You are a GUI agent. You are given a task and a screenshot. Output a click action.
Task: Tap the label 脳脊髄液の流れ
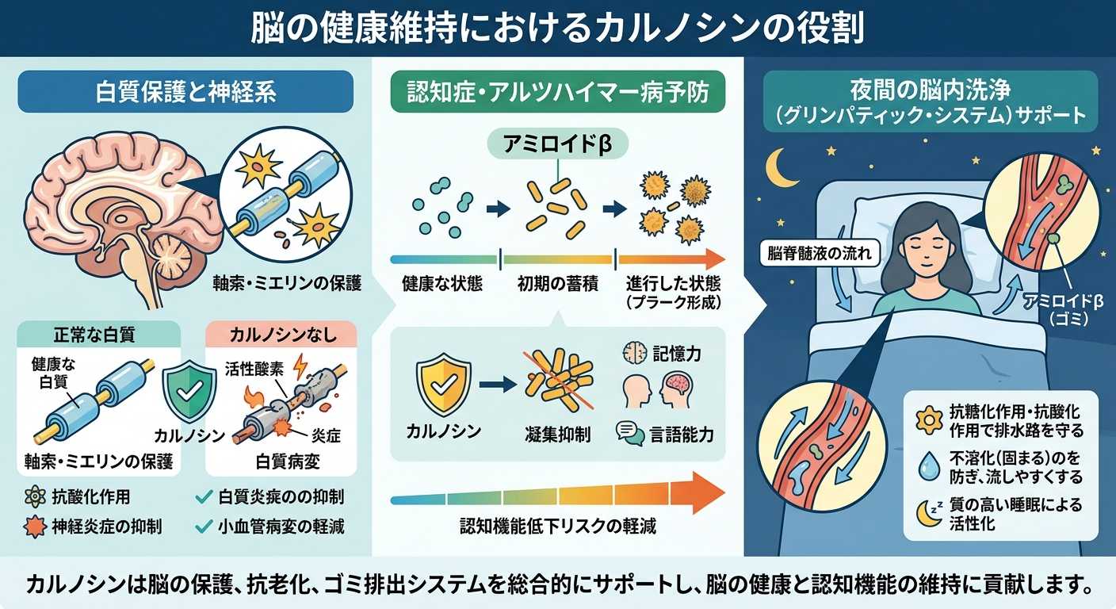pyautogui.click(x=819, y=253)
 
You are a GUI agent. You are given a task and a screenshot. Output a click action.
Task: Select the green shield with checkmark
pyautogui.click(x=189, y=392)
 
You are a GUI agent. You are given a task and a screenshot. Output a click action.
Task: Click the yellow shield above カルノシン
pyautogui.click(x=443, y=385)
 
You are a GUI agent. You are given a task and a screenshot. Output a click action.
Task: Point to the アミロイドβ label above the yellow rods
pyautogui.click(x=557, y=144)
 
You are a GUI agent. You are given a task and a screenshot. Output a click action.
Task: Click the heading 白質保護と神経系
pyautogui.click(x=185, y=92)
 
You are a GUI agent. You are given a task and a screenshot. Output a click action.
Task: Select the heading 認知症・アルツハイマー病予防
pyautogui.click(x=558, y=92)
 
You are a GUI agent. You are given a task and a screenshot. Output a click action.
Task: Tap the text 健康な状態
pyautogui.click(x=442, y=284)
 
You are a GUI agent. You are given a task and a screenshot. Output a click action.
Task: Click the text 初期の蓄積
pyautogui.click(x=557, y=284)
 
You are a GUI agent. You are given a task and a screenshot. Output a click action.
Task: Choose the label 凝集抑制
pyautogui.click(x=557, y=435)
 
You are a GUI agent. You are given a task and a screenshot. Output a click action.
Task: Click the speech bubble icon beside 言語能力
pyautogui.click(x=630, y=433)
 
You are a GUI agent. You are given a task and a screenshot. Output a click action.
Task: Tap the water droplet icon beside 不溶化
pyautogui.click(x=929, y=466)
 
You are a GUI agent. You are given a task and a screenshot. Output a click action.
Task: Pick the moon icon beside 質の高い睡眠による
pyautogui.click(x=929, y=513)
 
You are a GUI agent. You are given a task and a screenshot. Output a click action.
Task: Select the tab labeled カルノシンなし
pyautogui.click(x=283, y=335)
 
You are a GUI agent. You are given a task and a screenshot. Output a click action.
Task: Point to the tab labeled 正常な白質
pyautogui.click(x=94, y=335)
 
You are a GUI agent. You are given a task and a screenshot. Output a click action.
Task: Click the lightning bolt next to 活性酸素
pyautogui.click(x=300, y=368)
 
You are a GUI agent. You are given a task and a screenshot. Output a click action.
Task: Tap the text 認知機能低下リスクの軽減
pyautogui.click(x=557, y=527)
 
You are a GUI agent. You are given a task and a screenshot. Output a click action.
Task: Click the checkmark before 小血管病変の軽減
pyautogui.click(x=204, y=527)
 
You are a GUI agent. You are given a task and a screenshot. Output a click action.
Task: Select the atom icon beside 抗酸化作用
pyautogui.click(x=35, y=497)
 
